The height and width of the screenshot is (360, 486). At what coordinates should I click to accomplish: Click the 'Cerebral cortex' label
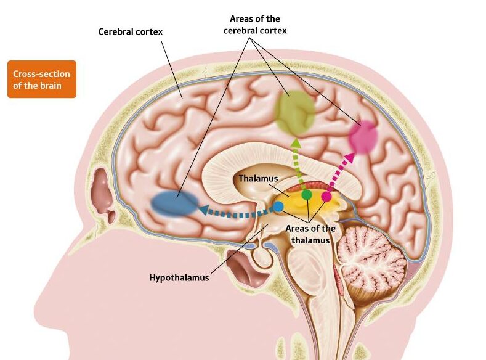pos(130,31)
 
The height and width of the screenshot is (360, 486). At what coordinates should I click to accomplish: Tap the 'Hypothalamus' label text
pos(179,277)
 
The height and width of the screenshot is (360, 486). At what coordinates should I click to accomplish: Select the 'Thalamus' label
pos(258,178)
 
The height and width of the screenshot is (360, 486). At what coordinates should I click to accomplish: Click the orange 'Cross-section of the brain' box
pos(42,79)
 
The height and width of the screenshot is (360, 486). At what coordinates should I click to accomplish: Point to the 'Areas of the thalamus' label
pos(310,234)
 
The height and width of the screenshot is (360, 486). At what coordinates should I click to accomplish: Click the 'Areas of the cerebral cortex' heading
pos(255,25)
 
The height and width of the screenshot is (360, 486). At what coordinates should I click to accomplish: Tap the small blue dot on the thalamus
pos(278,207)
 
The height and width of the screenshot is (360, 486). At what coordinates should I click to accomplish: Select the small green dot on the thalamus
pos(307,195)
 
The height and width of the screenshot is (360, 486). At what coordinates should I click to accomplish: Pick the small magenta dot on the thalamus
pos(326,196)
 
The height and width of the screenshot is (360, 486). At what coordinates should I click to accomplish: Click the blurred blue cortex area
pos(174,203)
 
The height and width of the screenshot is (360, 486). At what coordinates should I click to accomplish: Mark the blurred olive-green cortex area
pos(294,112)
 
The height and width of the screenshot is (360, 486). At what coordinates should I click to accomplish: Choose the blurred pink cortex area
pos(363,137)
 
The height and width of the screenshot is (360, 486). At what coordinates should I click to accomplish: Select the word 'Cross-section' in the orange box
pos(41,74)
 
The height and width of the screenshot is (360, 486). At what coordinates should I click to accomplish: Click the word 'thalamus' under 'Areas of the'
pos(310,240)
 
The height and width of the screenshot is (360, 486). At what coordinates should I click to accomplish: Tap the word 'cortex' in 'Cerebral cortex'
pos(148,31)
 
